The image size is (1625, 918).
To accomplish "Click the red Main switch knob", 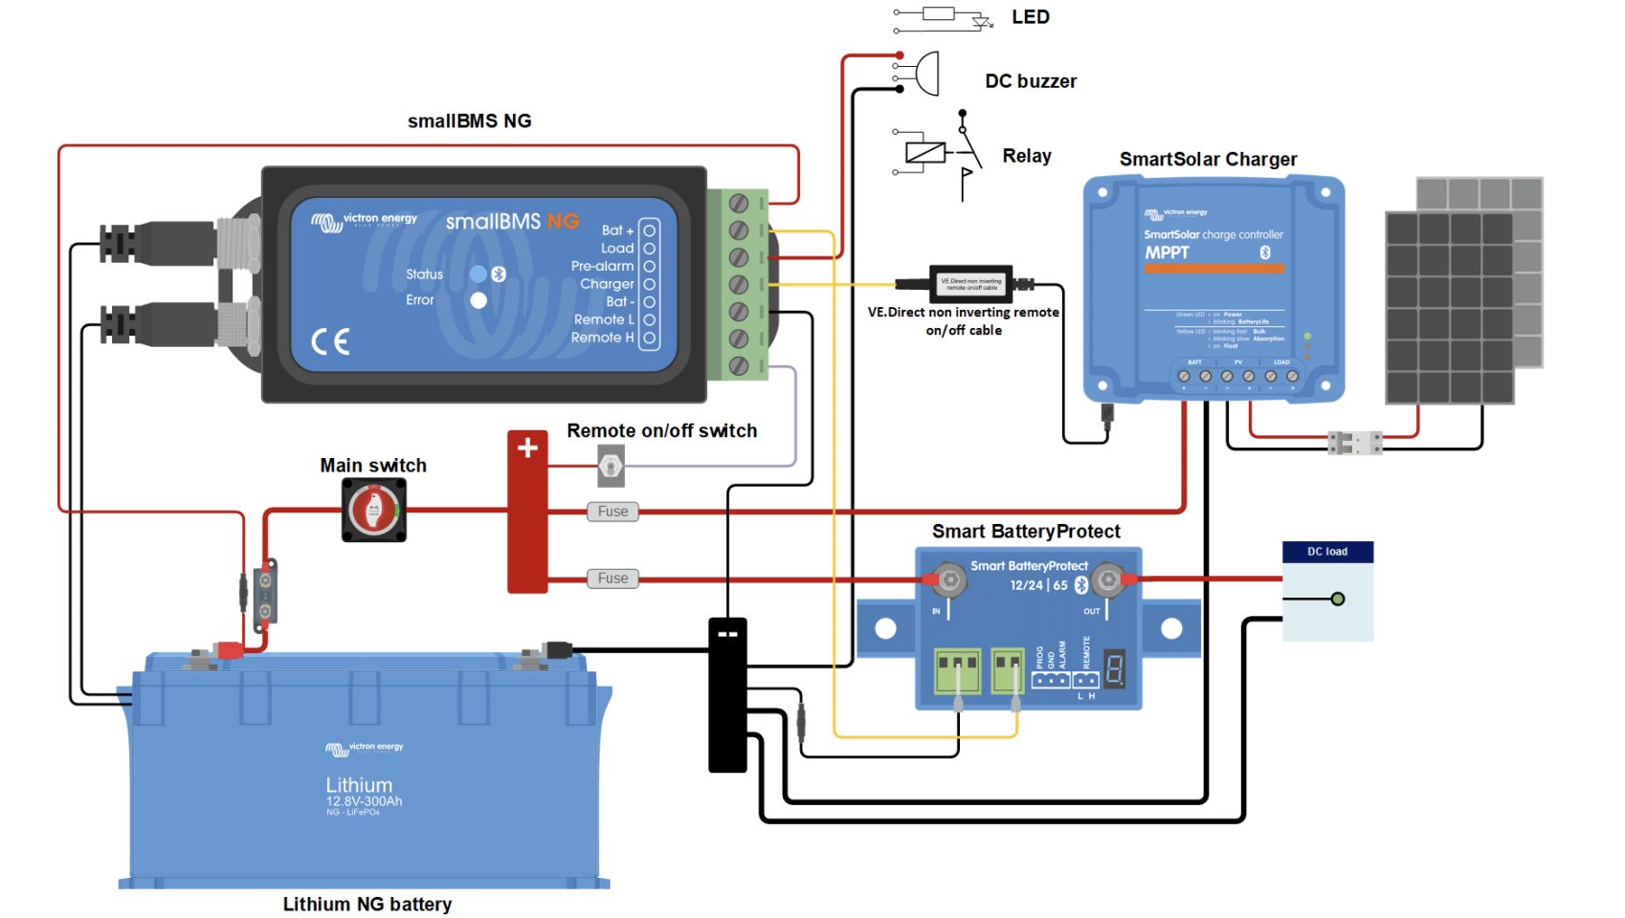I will [x=374, y=510].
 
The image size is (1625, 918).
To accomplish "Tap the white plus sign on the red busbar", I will [x=527, y=448].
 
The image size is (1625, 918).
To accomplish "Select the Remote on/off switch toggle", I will [x=611, y=467].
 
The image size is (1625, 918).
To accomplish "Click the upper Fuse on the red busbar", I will [x=612, y=512].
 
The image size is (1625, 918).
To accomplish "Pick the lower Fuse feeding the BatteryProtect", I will [x=612, y=579].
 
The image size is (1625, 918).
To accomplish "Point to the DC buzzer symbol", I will [x=926, y=73].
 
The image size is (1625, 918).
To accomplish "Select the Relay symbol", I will [x=943, y=153].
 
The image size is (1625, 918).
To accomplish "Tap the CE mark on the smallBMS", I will [x=330, y=341].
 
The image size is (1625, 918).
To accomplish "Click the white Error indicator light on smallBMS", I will [x=479, y=300].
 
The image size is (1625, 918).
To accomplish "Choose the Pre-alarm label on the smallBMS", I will [x=602, y=266].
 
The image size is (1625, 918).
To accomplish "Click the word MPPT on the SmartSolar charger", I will [x=1167, y=252].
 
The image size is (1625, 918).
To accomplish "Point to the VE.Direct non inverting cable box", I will [x=971, y=283].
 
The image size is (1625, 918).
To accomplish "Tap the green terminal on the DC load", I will [x=1338, y=600].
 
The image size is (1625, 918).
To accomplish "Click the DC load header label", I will [x=1327, y=552].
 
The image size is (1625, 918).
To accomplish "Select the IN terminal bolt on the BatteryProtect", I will [x=949, y=579].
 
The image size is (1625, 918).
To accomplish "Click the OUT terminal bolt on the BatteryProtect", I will [x=1107, y=579].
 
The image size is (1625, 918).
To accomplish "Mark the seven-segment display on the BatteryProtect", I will [x=1114, y=668].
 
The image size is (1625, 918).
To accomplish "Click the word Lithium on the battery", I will [x=359, y=784].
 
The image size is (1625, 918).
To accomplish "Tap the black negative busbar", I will [x=727, y=695].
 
